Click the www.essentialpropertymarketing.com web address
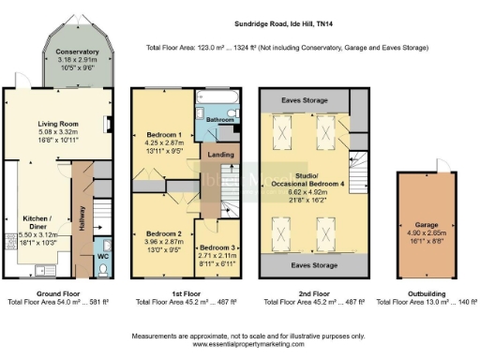point(241,344)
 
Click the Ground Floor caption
point(55,293)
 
